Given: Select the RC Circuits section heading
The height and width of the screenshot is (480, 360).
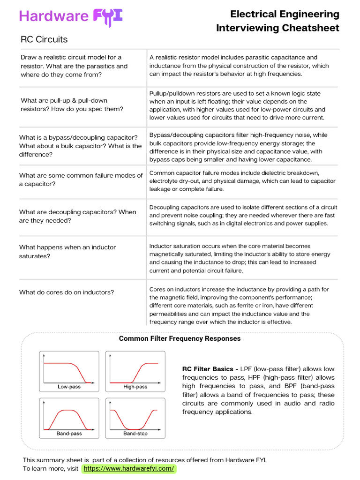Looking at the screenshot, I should coord(44,39).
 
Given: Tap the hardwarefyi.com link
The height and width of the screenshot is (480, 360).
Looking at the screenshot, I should coord(129,468).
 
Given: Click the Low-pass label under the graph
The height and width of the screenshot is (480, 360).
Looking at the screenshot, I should coord(69,387).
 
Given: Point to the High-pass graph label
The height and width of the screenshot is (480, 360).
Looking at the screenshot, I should coord(135,387).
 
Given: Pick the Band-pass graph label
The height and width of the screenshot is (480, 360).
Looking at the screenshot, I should coord(69,434).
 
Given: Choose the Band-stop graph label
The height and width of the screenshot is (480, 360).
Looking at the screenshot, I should coord(135,434).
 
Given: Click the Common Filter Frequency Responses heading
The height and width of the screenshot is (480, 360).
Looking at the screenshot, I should coord(180,338).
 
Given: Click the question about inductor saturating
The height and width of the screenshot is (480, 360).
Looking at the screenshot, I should coord(67,252).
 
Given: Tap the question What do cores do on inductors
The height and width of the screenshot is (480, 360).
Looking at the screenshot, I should coord(67,292).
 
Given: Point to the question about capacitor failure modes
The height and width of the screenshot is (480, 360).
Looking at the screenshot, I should coord(81,180).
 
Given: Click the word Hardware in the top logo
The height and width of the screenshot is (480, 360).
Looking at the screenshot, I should coord(53,16).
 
